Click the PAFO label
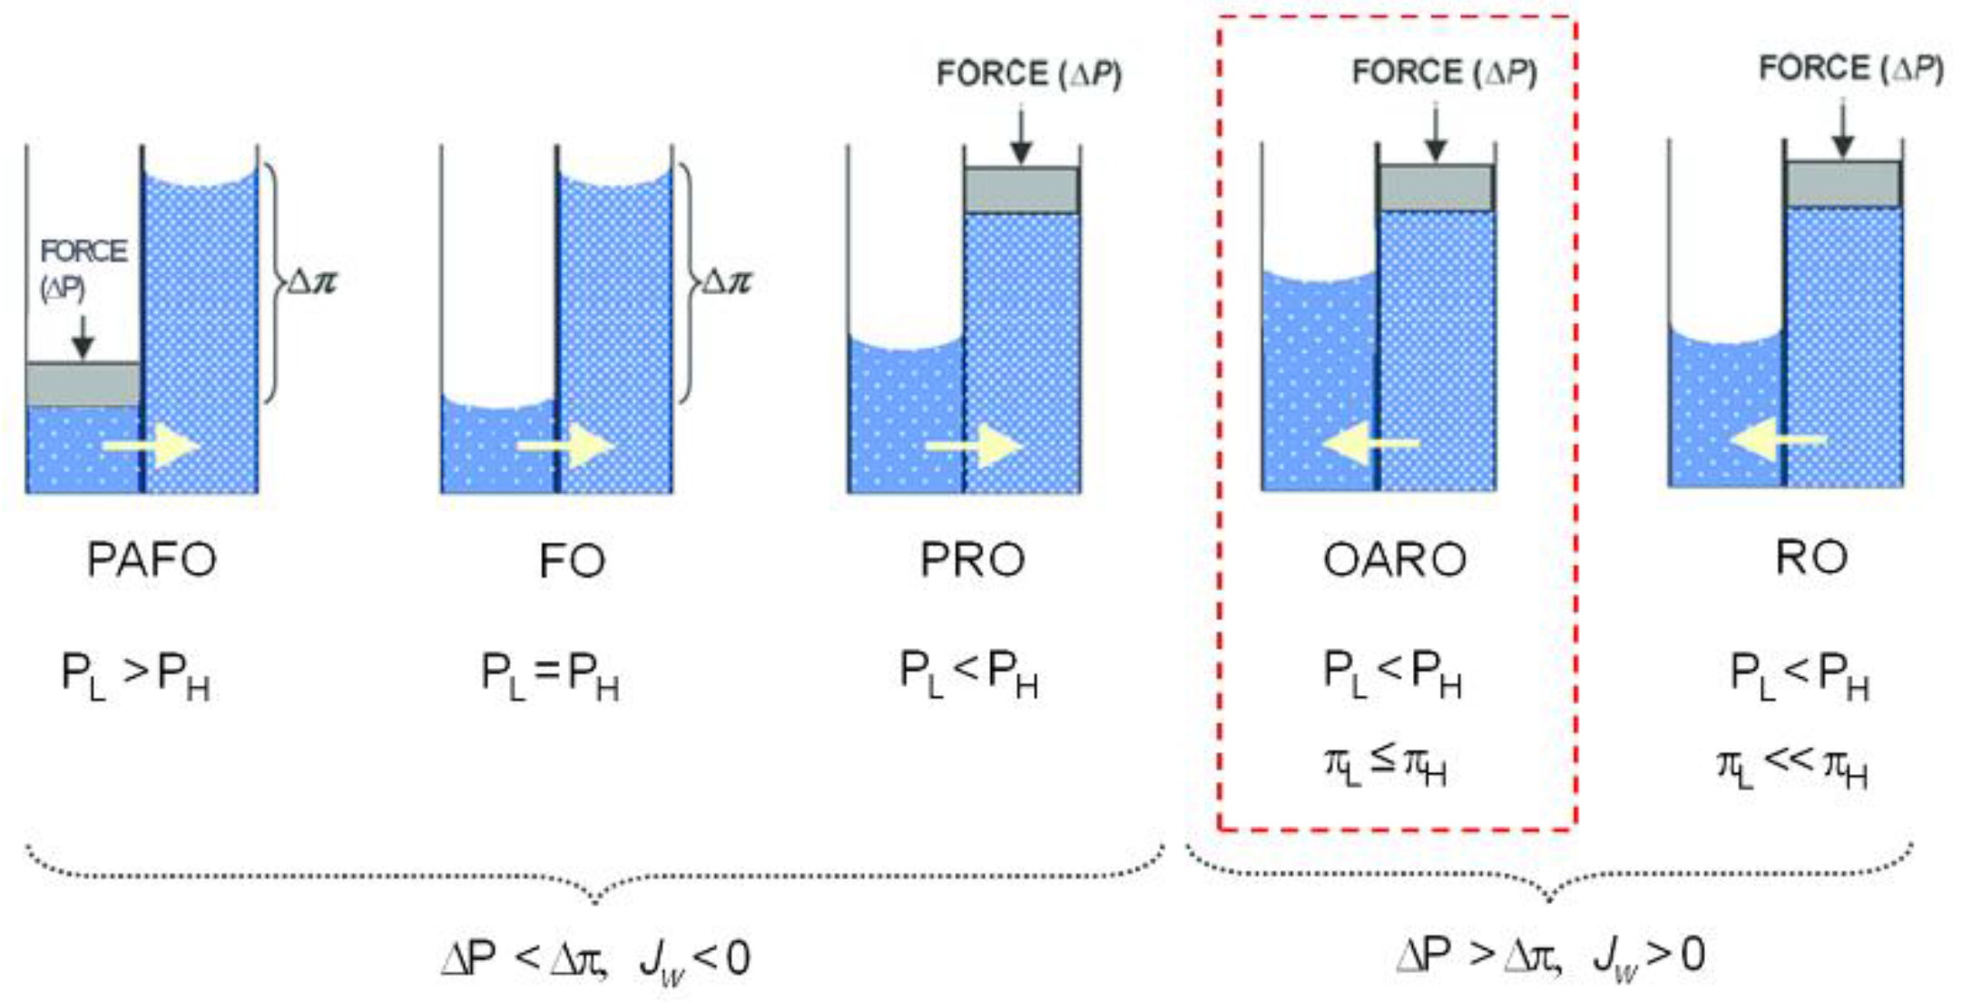152,559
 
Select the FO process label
572,560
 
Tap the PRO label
972,559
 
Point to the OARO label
1394,559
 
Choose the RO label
1810,557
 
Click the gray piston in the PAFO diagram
83,385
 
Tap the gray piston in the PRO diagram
1021,190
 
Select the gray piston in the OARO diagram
1436,187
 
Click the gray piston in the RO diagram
1843,183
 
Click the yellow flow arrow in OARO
1370,444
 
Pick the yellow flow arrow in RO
1777,440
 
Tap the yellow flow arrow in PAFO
151,446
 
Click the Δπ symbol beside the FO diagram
726,282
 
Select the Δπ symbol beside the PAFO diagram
311,282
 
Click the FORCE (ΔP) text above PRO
1028,74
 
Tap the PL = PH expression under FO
549,677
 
